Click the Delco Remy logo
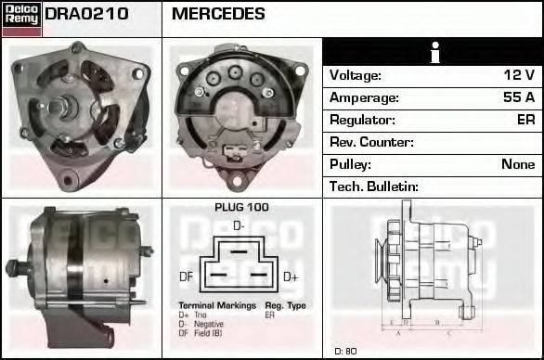pyautogui.click(x=21, y=18)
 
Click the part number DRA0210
pyautogui.click(x=86, y=14)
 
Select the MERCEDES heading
pyautogui.click(x=218, y=14)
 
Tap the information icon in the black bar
pyautogui.click(x=433, y=52)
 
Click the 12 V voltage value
pyautogui.click(x=518, y=75)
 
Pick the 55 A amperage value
pyautogui.click(x=518, y=97)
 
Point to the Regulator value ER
pyautogui.click(x=525, y=120)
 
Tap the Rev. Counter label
pyautogui.click(x=371, y=142)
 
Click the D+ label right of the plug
pyautogui.click(x=291, y=276)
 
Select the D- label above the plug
pyautogui.click(x=239, y=225)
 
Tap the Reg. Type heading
pyautogui.click(x=285, y=305)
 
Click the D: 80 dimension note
pyautogui.click(x=345, y=352)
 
